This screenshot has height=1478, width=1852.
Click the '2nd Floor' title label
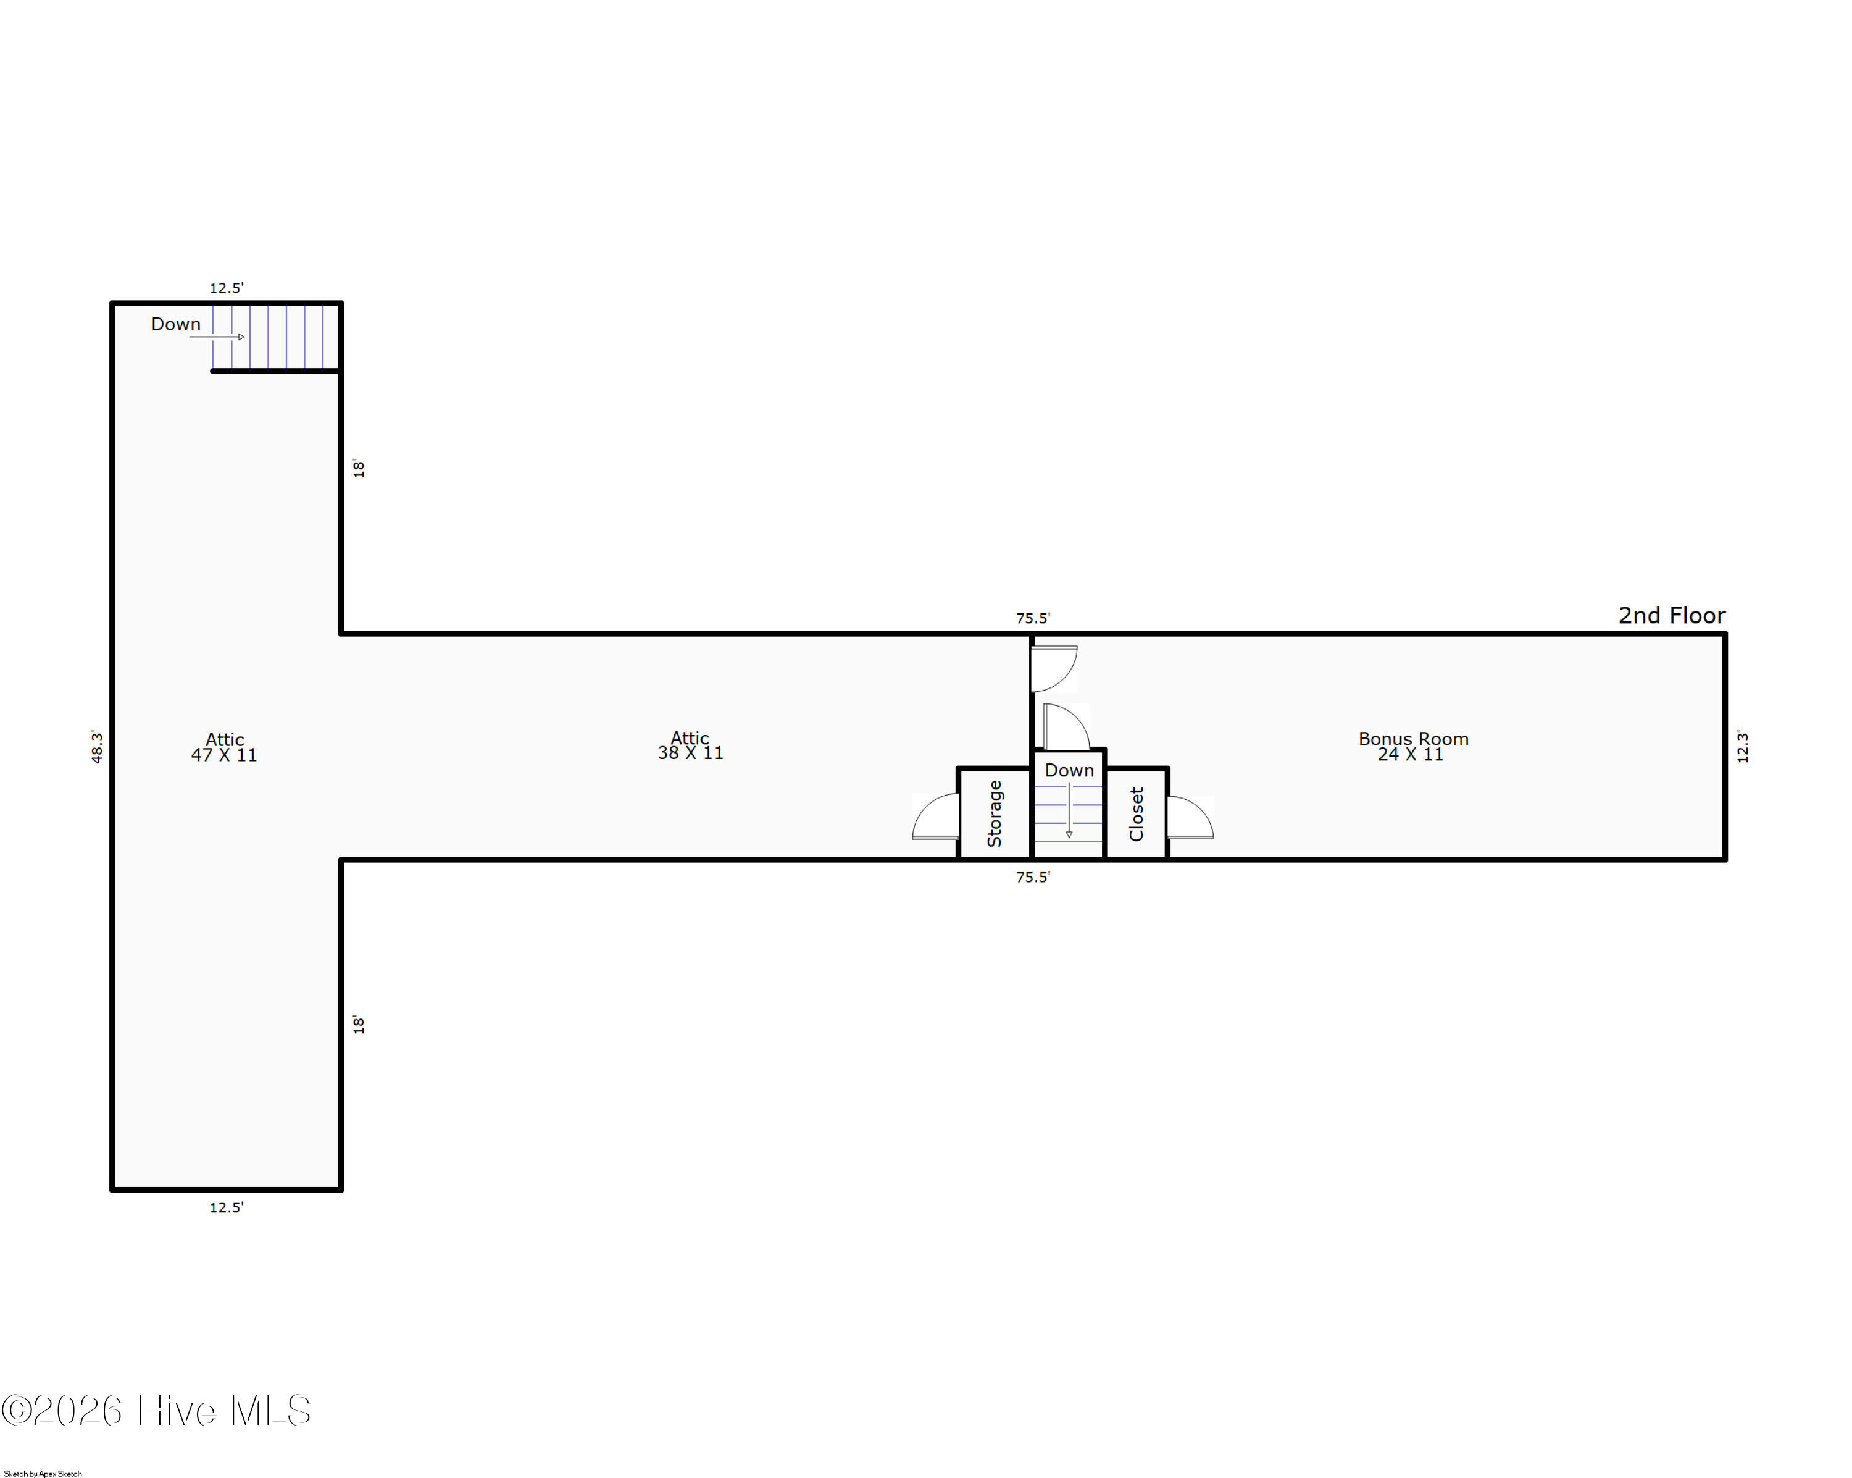(x=1672, y=615)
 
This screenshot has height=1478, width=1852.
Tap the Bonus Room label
(x=1413, y=739)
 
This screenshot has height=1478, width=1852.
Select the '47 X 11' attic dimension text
(x=223, y=755)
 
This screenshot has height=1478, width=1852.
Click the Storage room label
(x=995, y=814)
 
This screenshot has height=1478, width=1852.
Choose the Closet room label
(x=1137, y=814)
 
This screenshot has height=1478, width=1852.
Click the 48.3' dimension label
(x=97, y=747)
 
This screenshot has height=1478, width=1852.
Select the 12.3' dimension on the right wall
(x=1742, y=746)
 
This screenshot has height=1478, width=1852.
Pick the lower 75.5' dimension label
(x=1033, y=877)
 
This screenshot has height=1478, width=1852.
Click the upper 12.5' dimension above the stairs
(x=226, y=288)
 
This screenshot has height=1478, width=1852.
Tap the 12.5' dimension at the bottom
(x=226, y=1207)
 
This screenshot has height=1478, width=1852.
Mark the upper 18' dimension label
(x=358, y=468)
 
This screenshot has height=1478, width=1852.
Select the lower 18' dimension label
(x=358, y=1024)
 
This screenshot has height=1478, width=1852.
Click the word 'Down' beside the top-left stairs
(x=176, y=324)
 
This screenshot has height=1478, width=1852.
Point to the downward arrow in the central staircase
(x=1069, y=810)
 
